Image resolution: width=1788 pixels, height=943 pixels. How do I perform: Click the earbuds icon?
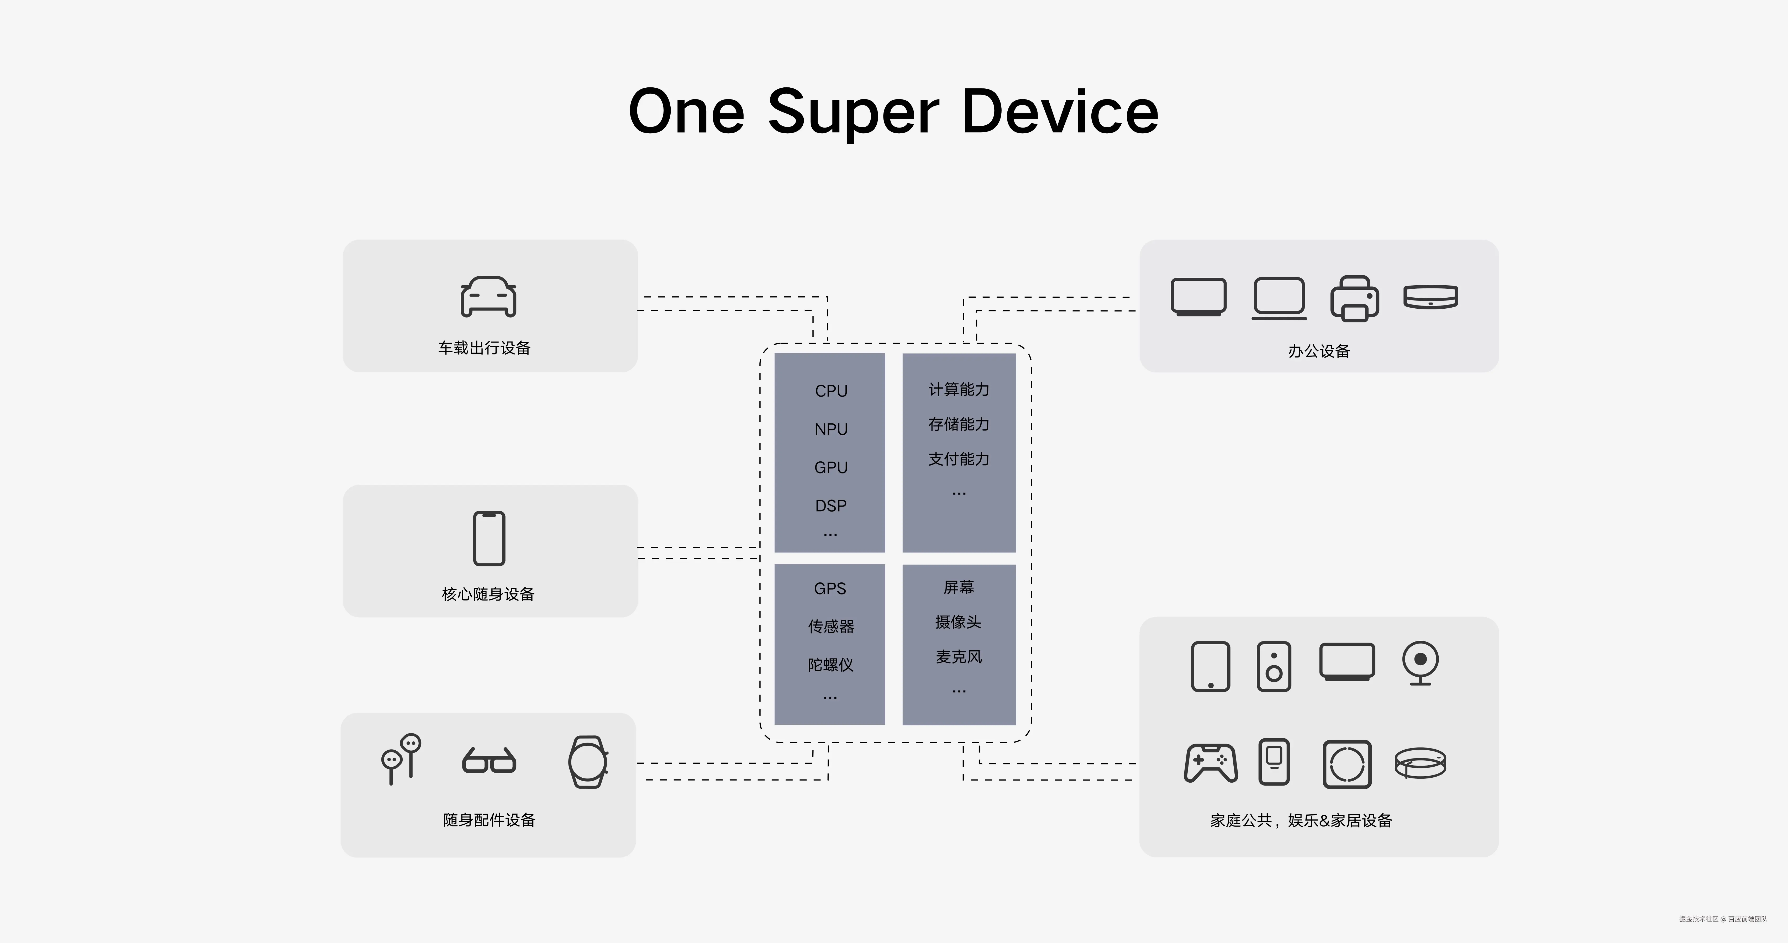(x=401, y=758)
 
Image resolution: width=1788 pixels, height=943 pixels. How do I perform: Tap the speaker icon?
(x=1274, y=666)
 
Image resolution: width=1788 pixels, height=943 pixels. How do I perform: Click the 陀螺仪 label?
(x=830, y=665)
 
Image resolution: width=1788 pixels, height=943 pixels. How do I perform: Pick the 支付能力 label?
(x=959, y=459)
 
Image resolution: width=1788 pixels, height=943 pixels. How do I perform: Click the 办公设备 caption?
(x=1319, y=351)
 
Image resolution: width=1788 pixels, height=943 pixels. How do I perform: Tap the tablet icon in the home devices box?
(x=1211, y=666)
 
